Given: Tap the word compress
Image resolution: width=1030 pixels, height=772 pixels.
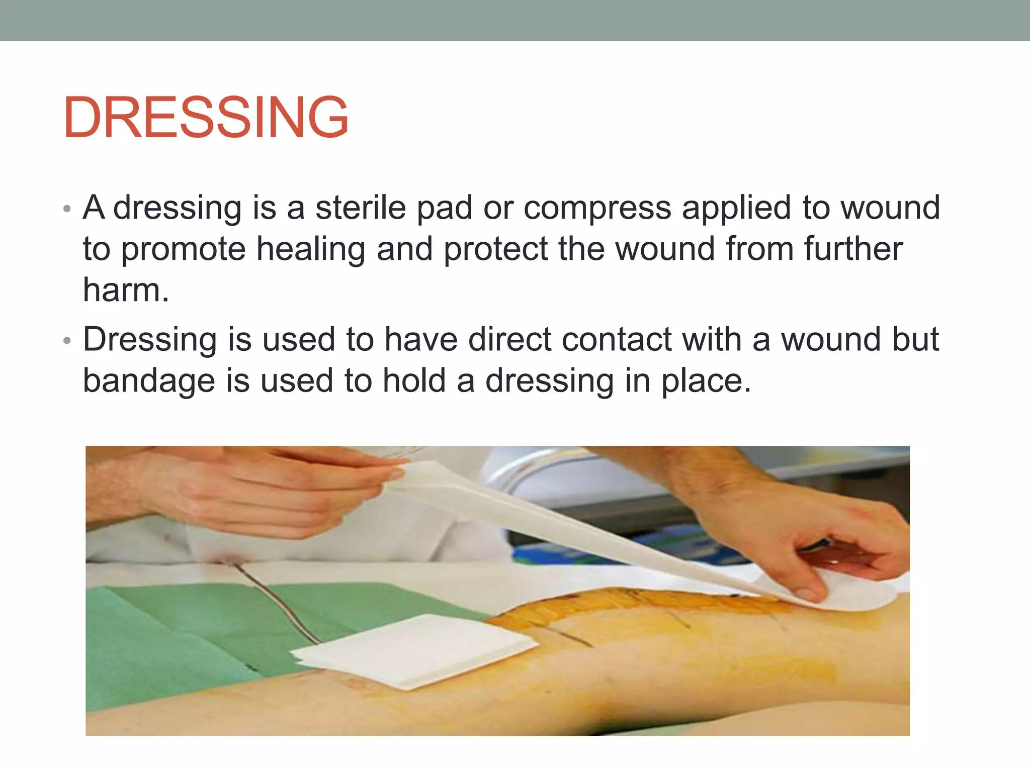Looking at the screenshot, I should [x=597, y=209].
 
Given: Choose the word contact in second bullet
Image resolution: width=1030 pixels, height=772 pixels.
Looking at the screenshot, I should [x=617, y=339].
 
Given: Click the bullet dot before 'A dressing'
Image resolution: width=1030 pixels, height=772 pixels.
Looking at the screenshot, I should [x=67, y=209].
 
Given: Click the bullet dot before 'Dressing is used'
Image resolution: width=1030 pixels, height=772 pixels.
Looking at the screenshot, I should [x=67, y=341].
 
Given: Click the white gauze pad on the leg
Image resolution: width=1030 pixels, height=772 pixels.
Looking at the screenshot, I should [x=417, y=651].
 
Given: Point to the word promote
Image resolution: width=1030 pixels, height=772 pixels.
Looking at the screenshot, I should [x=183, y=250].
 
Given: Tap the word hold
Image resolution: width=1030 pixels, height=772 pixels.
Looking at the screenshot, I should [x=414, y=380].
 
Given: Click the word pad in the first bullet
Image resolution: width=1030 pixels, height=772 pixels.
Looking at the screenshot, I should [x=445, y=209].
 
